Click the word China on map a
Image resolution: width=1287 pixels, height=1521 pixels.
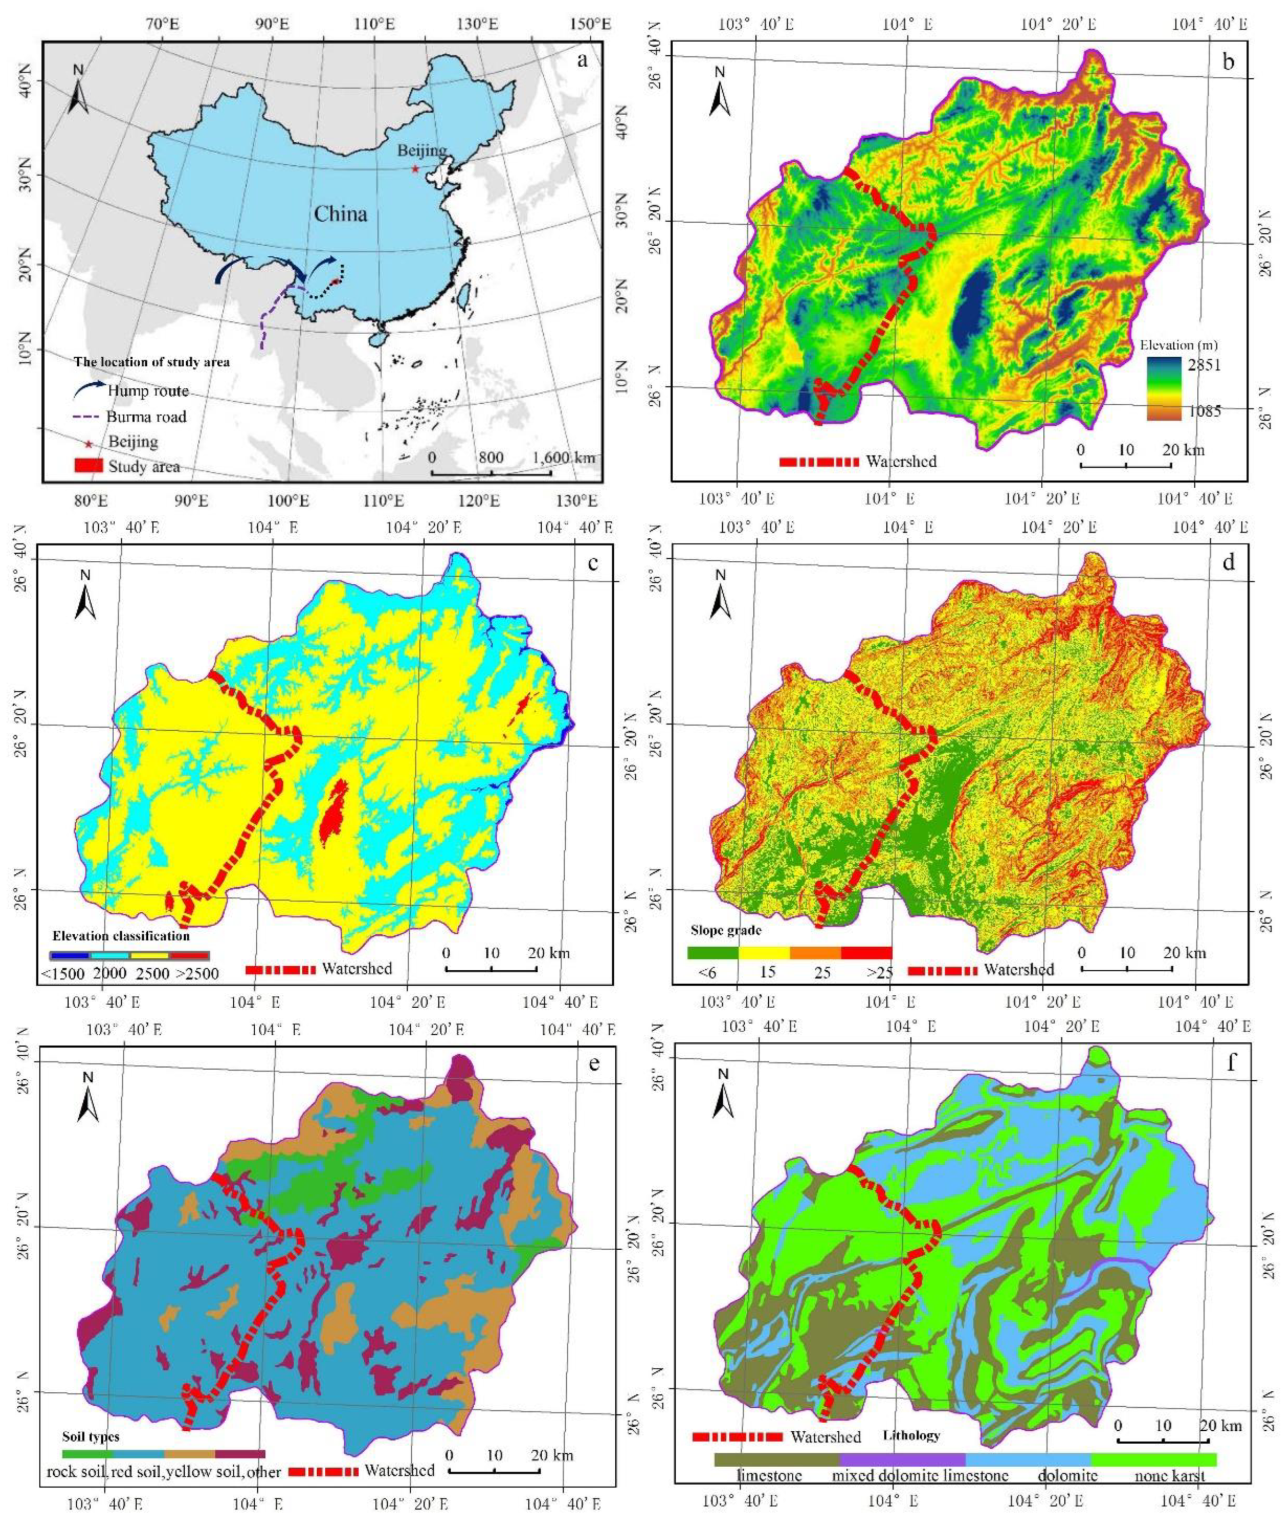coord(340,214)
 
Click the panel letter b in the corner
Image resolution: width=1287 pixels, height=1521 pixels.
coord(1228,62)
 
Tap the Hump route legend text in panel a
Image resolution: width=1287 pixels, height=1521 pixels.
coord(148,391)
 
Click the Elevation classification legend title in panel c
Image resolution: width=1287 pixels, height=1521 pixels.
coord(121,936)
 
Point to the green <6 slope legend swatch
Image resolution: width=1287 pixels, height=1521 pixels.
coord(712,953)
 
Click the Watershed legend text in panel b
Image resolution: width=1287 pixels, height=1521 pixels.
coord(901,461)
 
